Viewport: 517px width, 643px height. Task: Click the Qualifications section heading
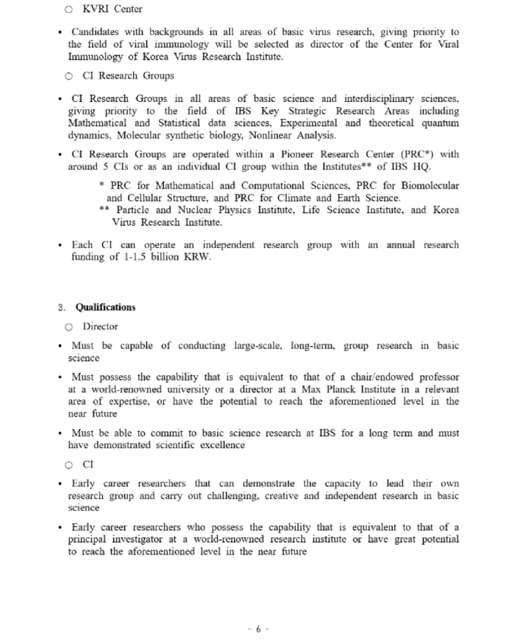(105, 307)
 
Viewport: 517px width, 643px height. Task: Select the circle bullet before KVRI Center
(69, 10)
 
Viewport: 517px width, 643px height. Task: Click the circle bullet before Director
(69, 327)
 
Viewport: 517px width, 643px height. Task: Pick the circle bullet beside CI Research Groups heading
(69, 76)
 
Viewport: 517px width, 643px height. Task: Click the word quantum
(440, 123)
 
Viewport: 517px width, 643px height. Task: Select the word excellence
(221, 445)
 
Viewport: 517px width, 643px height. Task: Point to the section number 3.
(61, 307)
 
